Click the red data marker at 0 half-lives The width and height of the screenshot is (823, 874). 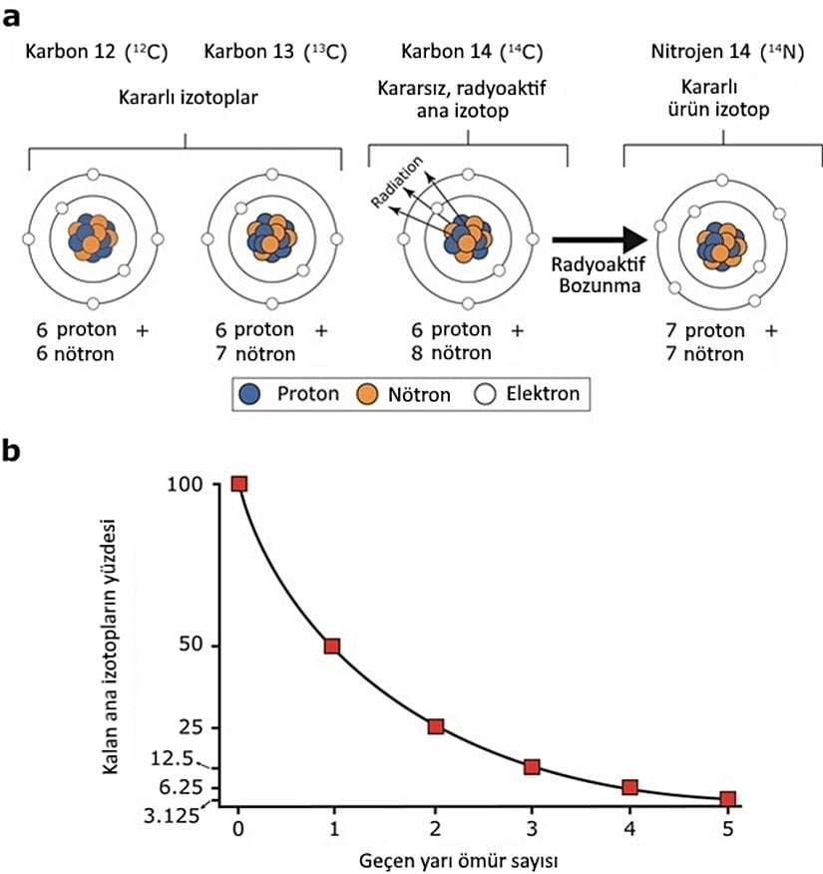[238, 484]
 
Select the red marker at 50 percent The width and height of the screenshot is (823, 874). [332, 646]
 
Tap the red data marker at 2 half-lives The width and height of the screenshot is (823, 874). [435, 726]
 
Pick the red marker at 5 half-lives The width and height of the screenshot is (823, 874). [727, 799]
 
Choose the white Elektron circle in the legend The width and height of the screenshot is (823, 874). [486, 394]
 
